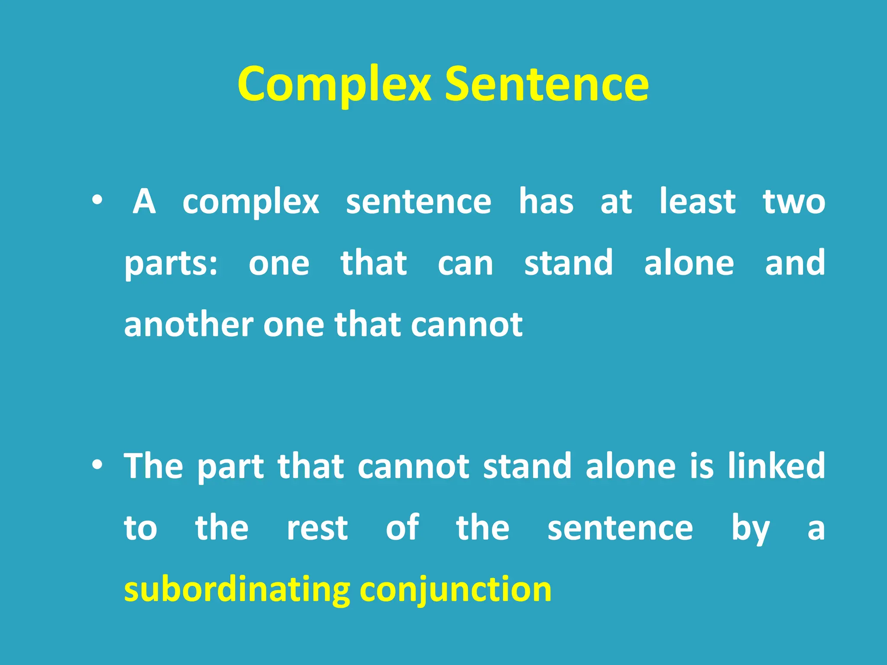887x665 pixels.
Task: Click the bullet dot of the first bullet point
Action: (x=97, y=200)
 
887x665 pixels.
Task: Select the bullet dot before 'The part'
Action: (x=97, y=466)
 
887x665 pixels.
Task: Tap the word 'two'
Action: (x=794, y=202)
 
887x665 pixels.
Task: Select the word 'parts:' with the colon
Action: (x=171, y=264)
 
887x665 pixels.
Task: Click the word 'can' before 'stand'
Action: (x=465, y=264)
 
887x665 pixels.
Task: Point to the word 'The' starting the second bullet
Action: (x=153, y=466)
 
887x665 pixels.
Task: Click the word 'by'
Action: (x=751, y=529)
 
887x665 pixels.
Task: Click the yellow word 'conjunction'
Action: (x=456, y=591)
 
